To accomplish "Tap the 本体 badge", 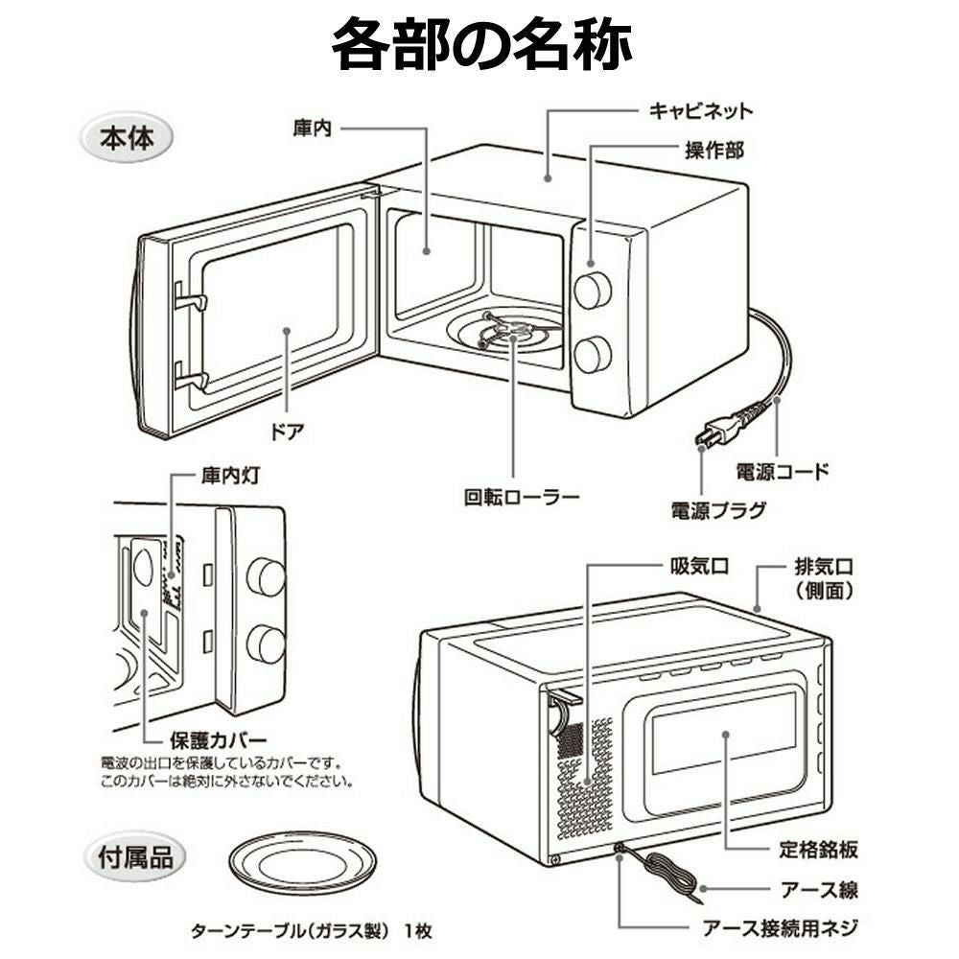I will click(x=127, y=138).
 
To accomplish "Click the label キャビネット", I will click(x=701, y=110).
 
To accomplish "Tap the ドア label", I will click(x=288, y=431).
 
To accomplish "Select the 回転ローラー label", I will click(x=522, y=498).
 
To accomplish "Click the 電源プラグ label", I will click(x=718, y=509).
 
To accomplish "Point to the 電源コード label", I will click(x=782, y=472).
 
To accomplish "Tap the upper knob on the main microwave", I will click(x=593, y=289).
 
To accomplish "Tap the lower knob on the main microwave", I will click(x=593, y=354).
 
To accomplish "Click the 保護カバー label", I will click(x=218, y=740).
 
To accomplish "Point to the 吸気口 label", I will click(x=698, y=566).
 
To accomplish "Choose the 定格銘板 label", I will click(x=817, y=850).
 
